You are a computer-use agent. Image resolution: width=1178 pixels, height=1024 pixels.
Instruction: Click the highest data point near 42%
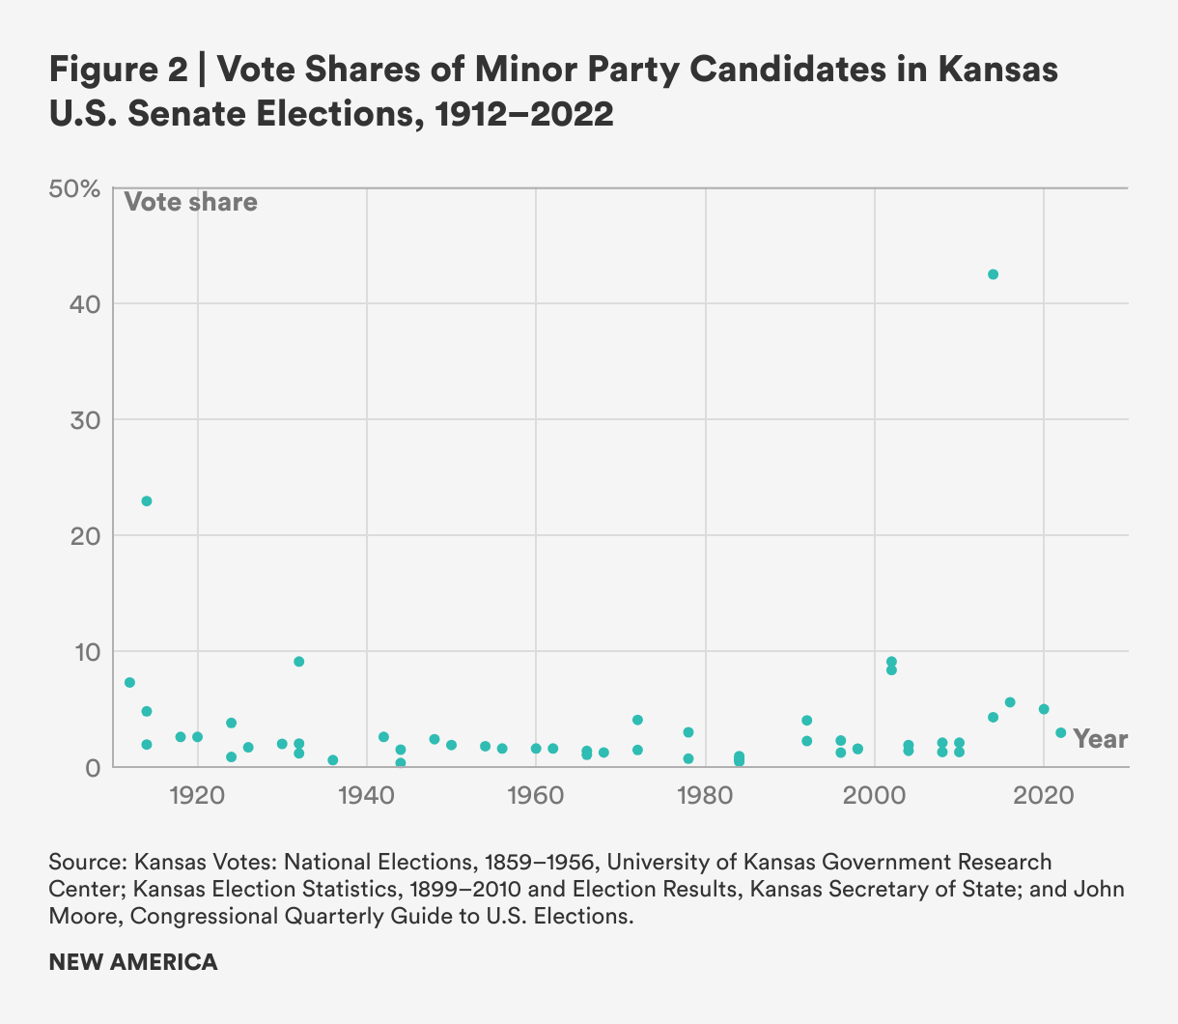[x=993, y=274]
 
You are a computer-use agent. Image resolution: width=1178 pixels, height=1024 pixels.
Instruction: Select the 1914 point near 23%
[x=147, y=501]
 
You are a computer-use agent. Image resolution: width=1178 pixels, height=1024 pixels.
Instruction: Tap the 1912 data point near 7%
[x=129, y=683]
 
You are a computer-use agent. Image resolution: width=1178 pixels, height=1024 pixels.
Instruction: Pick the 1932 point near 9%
[x=299, y=662]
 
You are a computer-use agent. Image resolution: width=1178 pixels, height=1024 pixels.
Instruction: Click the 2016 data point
[x=1010, y=702]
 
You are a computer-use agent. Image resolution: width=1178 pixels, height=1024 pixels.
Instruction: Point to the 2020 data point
[x=1044, y=709]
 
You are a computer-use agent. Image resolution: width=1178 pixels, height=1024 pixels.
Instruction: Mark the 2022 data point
[x=1061, y=732]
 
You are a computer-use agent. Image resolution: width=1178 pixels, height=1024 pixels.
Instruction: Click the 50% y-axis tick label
[x=74, y=188]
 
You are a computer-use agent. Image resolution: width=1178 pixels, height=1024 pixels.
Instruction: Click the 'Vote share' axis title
[x=191, y=202]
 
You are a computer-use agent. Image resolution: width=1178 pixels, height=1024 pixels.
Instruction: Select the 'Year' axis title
[x=1101, y=739]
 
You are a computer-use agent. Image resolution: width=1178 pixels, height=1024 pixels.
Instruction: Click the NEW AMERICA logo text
[x=133, y=962]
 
